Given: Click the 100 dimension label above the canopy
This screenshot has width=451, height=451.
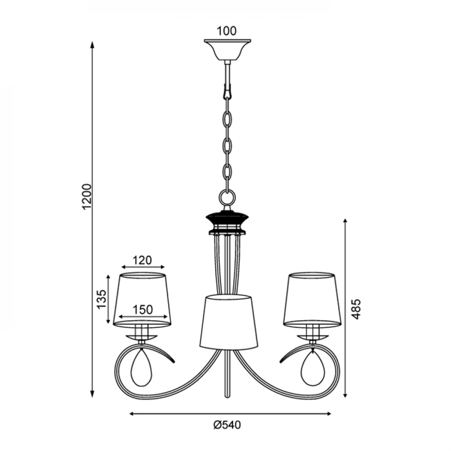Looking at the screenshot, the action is [x=226, y=31].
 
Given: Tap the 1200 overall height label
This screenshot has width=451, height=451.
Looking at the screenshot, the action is [x=87, y=197].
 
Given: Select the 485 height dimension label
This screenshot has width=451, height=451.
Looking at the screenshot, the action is [x=356, y=309].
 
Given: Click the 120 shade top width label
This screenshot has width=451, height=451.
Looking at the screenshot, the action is [x=142, y=260].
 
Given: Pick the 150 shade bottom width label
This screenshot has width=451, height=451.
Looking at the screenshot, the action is [x=143, y=310].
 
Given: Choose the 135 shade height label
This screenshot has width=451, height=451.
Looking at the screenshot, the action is [x=101, y=299].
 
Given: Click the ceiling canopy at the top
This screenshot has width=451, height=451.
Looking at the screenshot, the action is [x=227, y=50].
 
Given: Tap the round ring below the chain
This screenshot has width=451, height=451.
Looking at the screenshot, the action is [x=227, y=198].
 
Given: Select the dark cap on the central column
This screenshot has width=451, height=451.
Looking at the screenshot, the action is [x=227, y=218].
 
